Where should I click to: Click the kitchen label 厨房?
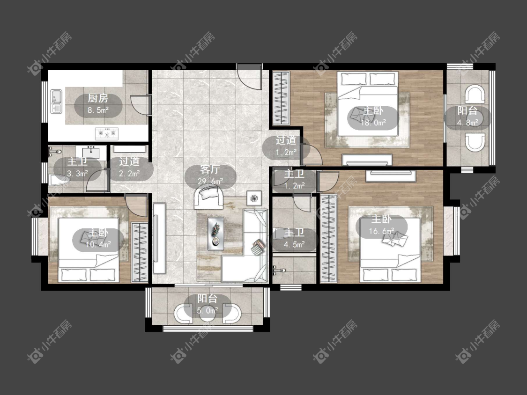click(98, 98)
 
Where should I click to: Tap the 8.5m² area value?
click(98, 110)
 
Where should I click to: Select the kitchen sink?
click(56, 101)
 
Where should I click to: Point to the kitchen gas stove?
click(107, 133)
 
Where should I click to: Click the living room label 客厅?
click(210, 169)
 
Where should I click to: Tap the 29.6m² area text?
click(210, 182)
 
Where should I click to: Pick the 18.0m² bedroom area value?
click(373, 123)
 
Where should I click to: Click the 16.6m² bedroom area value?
click(381, 231)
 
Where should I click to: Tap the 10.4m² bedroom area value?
click(98, 244)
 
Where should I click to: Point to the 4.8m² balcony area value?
click(468, 123)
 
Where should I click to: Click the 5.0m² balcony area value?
click(208, 310)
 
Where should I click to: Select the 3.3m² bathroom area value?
click(77, 173)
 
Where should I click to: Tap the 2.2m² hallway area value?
click(129, 173)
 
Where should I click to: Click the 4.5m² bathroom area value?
click(294, 244)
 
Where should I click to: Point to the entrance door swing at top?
click(249, 76)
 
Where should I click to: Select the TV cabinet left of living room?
click(159, 238)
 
